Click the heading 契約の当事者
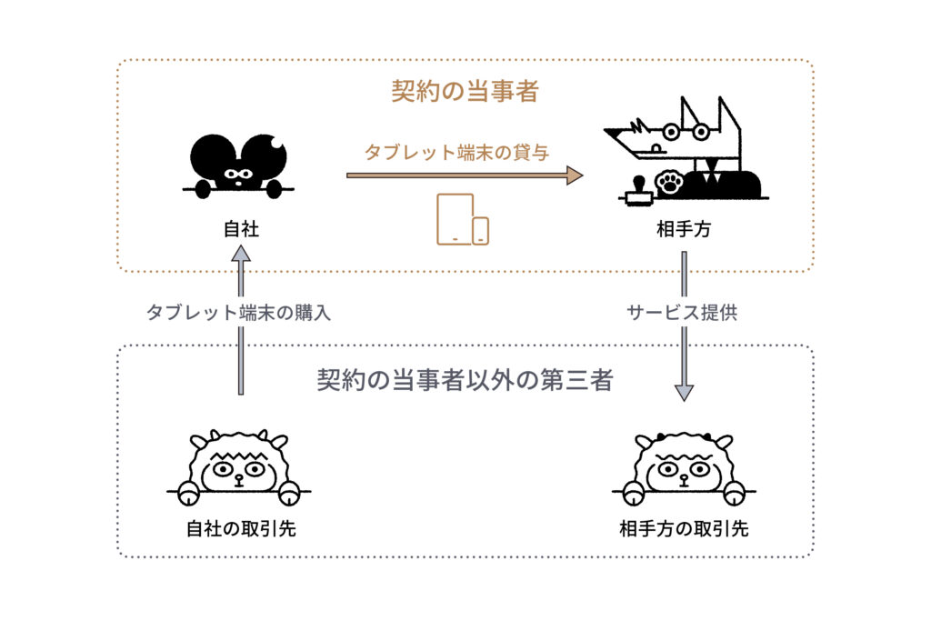(465, 91)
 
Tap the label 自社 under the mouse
(241, 228)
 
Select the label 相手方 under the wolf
(684, 228)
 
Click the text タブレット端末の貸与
(456, 152)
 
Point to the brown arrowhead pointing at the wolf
(575, 175)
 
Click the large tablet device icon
(455, 218)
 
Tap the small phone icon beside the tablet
(480, 231)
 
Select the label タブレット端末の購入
(238, 312)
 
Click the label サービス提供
(682, 312)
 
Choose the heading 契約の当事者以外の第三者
(465, 380)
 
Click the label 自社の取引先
(241, 528)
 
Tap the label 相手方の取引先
(684, 528)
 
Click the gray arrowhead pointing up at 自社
(240, 254)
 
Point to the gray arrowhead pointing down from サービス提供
(684, 393)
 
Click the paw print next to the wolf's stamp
(669, 182)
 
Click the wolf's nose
(656, 148)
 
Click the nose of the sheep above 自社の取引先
(239, 478)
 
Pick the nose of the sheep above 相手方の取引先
(684, 478)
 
